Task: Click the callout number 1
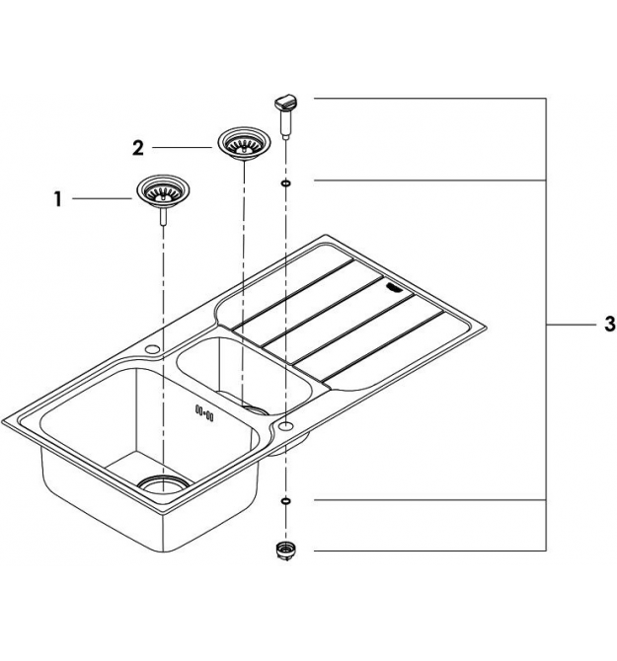[x=58, y=199]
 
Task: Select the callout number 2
[x=138, y=148]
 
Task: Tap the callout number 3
[x=610, y=325]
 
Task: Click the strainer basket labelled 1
[x=163, y=192]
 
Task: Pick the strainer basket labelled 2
[x=244, y=143]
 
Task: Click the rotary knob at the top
[x=286, y=103]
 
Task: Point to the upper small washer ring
[x=286, y=184]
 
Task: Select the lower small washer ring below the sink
[x=285, y=500]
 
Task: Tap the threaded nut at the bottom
[x=285, y=551]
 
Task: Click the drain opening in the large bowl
[x=163, y=483]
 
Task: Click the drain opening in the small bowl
[x=256, y=409]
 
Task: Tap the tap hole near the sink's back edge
[x=152, y=349]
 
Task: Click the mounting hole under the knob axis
[x=286, y=425]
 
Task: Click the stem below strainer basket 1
[x=163, y=217]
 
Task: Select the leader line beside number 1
[x=103, y=198]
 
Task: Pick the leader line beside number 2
[x=183, y=148]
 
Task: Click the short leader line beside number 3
[x=571, y=325]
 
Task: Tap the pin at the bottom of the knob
[x=286, y=135]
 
